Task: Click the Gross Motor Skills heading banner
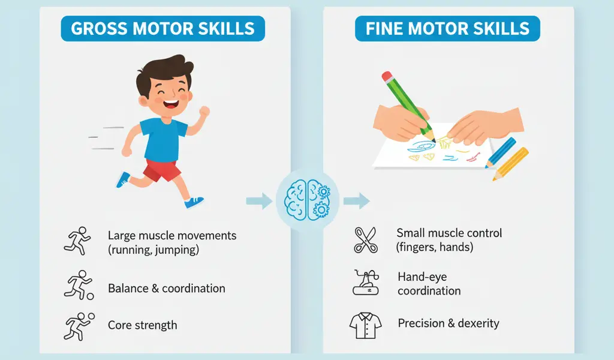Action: click(x=162, y=28)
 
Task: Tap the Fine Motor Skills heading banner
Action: click(x=447, y=28)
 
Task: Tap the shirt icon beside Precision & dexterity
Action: click(x=365, y=325)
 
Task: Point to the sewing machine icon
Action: click(x=365, y=282)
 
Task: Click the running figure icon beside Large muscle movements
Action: click(x=76, y=240)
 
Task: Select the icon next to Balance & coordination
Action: click(x=77, y=285)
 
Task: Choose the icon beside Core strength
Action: click(x=77, y=326)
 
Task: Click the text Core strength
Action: click(x=142, y=325)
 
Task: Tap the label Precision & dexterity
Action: click(x=449, y=323)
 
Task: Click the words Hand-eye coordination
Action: click(x=429, y=284)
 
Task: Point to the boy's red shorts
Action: click(x=161, y=170)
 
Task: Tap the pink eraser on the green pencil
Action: click(x=387, y=77)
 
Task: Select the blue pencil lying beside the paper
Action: click(x=501, y=152)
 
